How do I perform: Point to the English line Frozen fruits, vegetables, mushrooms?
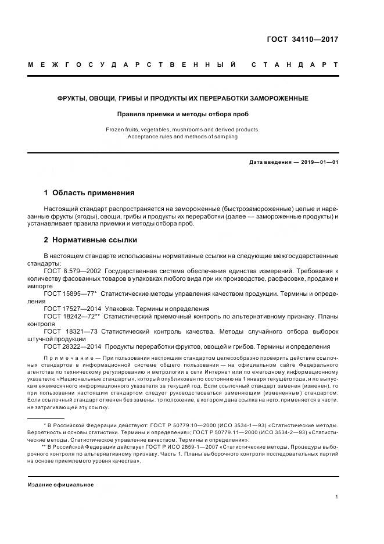[182, 130]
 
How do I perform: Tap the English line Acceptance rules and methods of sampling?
[182, 137]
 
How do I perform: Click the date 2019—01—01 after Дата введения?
[319, 162]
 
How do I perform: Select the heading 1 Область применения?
[89, 192]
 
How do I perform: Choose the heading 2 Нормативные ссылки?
[91, 239]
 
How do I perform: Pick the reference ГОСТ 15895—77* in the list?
[70, 295]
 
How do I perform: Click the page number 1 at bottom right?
[337, 497]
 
